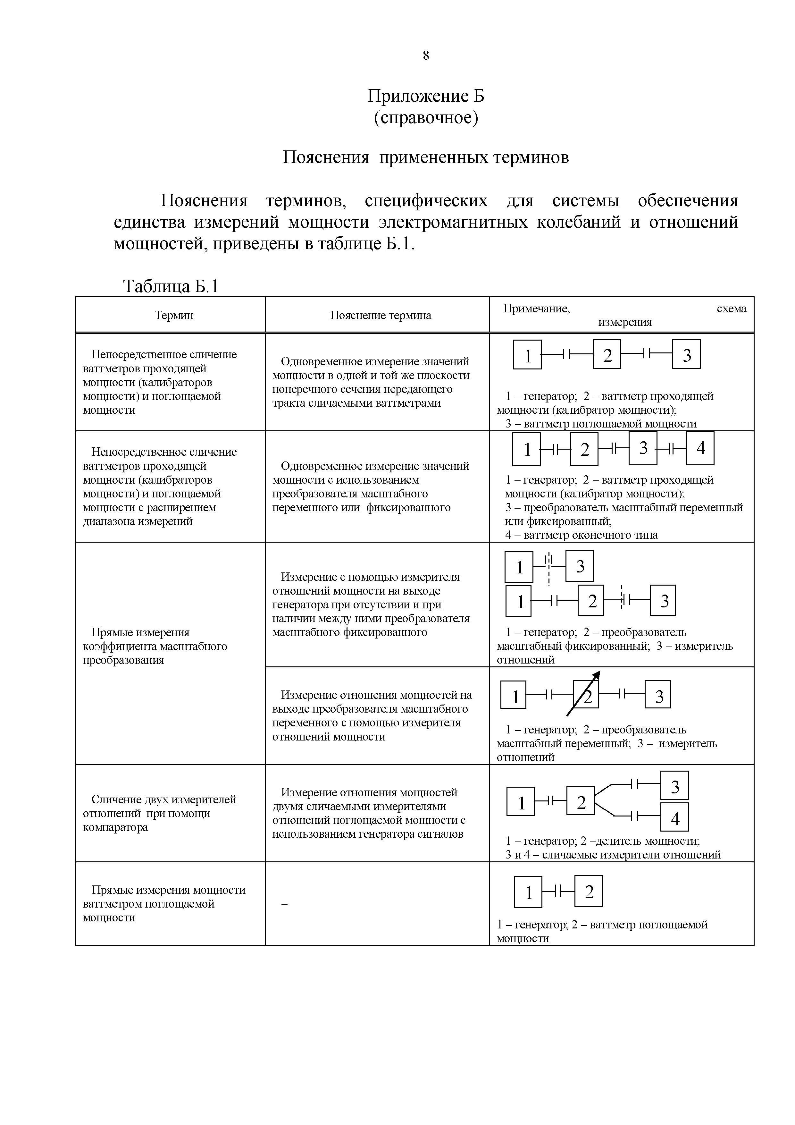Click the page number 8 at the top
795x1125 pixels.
click(426, 55)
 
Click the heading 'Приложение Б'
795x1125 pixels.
click(426, 96)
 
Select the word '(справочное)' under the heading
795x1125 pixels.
click(426, 118)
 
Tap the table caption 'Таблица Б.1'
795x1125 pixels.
click(171, 286)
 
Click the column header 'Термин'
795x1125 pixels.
click(174, 315)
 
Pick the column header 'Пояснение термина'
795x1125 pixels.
click(380, 315)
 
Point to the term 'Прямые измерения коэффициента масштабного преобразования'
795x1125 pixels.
click(155, 646)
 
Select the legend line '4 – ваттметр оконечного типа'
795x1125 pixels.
click(582, 535)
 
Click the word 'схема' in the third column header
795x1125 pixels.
click(731, 309)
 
